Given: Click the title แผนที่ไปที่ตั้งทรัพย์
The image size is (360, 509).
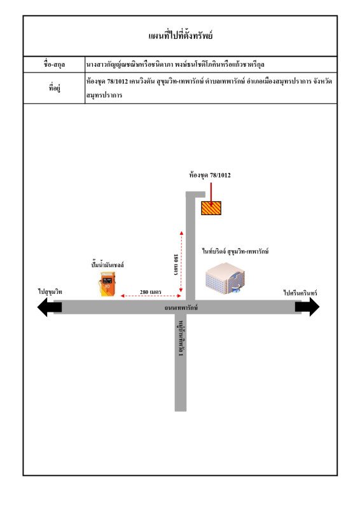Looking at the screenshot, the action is pos(180,35).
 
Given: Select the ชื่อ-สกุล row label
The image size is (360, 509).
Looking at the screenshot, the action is pos(54,64).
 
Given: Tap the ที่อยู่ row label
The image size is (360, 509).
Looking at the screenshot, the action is pos(54,88).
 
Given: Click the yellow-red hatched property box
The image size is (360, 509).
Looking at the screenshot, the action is pos(211,208).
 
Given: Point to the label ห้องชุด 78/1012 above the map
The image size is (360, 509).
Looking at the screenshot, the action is pos(210,176).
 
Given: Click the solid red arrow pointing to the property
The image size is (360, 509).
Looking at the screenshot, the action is pos(211,195).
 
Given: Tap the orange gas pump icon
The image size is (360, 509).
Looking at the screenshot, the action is pos(107,284).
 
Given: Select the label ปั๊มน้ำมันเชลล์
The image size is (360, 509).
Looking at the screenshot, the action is pos(107,265).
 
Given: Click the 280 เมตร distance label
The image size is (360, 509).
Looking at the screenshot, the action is pos(150,292).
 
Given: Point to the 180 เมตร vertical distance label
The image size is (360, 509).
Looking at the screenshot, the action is pos(176,265).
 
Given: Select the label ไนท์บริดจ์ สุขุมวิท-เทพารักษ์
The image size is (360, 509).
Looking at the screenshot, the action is pos(235,251).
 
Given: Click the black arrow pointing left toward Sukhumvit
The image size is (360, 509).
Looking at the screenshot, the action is pos(50,307).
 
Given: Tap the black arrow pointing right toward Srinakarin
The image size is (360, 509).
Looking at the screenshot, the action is pos(307,307).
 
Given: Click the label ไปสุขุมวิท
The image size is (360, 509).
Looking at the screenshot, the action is pos(50,292).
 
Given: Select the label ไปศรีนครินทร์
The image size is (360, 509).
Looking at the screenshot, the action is pos(300,293).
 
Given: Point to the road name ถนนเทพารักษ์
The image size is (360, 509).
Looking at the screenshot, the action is pos(181,307).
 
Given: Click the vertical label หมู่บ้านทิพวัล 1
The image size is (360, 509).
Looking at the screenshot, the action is pos(181,338).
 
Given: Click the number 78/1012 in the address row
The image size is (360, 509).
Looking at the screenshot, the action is pos(118,81).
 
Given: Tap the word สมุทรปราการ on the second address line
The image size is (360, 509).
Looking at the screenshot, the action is pos(104,95).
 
